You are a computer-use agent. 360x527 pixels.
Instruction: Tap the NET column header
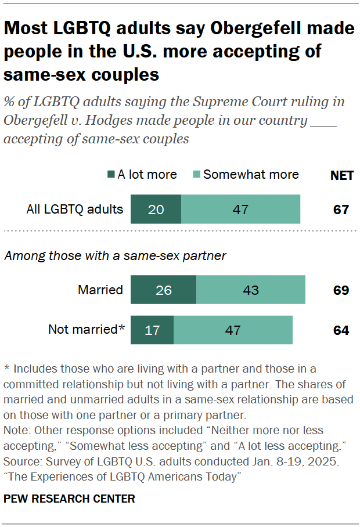click(341, 175)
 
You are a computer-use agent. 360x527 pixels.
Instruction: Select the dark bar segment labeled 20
click(156, 209)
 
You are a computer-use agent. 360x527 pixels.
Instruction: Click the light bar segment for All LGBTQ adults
click(240, 209)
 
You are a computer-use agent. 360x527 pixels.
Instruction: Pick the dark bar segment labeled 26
click(163, 290)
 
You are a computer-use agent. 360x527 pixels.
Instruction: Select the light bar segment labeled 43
click(251, 290)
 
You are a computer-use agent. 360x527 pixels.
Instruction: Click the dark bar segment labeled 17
click(152, 330)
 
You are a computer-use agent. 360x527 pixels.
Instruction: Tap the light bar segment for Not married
click(233, 330)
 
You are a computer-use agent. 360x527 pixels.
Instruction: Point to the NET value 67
click(341, 210)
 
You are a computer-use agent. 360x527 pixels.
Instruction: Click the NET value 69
click(341, 290)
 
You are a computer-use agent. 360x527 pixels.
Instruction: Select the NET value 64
click(341, 330)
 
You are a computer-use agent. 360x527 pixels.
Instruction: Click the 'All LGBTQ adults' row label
click(75, 209)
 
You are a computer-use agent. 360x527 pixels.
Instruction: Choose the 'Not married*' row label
click(87, 330)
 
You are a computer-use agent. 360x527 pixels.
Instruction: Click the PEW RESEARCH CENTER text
click(69, 498)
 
